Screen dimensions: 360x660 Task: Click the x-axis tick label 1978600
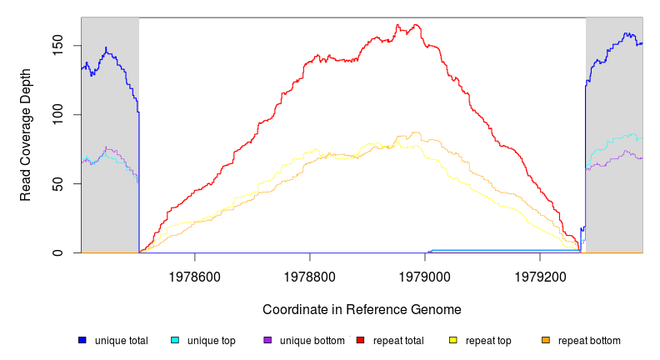coord(194,274)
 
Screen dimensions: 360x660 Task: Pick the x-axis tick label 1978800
coord(310,274)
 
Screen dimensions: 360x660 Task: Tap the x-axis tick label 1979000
coord(425,274)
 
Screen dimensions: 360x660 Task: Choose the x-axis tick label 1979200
coord(540,274)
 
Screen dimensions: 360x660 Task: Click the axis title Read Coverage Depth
coord(26,135)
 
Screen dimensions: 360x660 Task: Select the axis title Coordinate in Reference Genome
coord(362,309)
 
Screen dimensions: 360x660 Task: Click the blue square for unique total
coord(82,340)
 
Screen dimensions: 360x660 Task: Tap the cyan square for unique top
coord(175,340)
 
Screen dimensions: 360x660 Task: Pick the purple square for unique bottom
coord(267,340)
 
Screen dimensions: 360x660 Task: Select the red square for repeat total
coord(360,340)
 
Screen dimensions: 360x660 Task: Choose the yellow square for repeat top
coord(453,340)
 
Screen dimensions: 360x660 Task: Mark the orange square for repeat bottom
coord(546,340)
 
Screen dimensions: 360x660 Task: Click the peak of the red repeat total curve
coord(398,25)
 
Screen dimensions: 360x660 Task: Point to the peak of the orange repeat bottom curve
coord(415,132)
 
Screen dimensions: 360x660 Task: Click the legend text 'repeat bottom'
coord(589,340)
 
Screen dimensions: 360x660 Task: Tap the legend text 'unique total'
coord(122,340)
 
